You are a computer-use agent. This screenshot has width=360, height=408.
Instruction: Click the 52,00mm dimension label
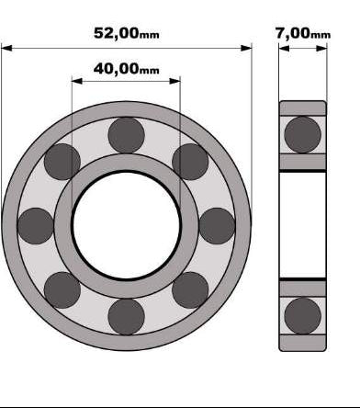click(127, 33)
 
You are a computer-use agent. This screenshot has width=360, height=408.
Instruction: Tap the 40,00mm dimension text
click(127, 69)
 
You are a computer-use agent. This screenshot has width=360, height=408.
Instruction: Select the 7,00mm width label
click(303, 33)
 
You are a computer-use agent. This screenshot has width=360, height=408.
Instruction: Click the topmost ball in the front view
click(127, 135)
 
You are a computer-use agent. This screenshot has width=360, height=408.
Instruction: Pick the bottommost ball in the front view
click(127, 317)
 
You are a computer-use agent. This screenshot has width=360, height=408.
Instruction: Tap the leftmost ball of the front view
click(36, 226)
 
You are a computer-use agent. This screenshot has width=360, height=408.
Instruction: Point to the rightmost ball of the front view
click(217, 226)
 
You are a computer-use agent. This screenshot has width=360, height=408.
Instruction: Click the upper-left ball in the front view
click(62, 162)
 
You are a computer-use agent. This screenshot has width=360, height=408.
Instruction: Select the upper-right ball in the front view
click(190, 162)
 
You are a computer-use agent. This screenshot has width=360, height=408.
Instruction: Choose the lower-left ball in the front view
click(62, 290)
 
